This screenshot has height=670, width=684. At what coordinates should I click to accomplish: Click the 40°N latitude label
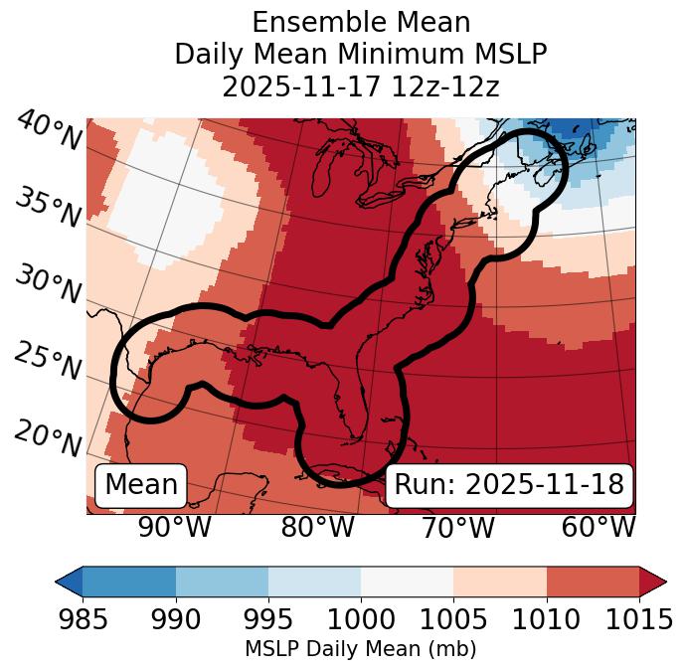pyautogui.click(x=48, y=132)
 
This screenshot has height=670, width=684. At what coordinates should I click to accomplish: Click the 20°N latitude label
pyautogui.click(x=48, y=438)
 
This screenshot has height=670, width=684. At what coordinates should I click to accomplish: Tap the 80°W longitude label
pyautogui.click(x=317, y=528)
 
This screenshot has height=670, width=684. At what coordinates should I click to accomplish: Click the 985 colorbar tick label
pyautogui.click(x=83, y=619)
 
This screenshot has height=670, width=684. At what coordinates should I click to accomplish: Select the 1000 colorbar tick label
pyautogui.click(x=361, y=619)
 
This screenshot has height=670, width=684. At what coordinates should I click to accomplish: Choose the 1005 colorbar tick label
pyautogui.click(x=453, y=619)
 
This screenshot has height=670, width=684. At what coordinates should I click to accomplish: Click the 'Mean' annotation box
pyautogui.click(x=141, y=485)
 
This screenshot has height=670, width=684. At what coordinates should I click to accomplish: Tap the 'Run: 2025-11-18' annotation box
pyautogui.click(x=509, y=485)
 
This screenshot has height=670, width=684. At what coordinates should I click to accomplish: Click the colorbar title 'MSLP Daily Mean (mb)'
pyautogui.click(x=360, y=649)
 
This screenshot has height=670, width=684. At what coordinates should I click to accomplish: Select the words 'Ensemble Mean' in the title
pyautogui.click(x=360, y=22)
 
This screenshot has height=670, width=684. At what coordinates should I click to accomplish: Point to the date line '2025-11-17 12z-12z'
pyautogui.click(x=360, y=86)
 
